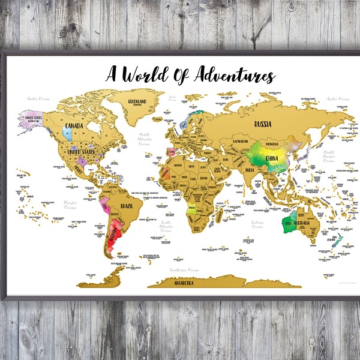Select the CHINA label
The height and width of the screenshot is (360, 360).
click(x=270, y=159)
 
